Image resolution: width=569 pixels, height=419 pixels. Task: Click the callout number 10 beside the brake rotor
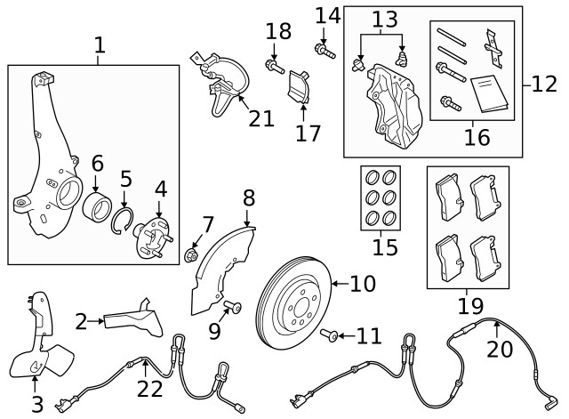coord(363,285)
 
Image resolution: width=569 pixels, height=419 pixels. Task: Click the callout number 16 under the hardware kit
coord(477,136)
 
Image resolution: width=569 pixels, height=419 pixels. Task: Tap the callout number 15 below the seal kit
coord(385,246)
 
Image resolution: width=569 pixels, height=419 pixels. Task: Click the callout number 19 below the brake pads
coord(469,307)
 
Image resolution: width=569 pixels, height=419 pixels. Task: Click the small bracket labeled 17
coord(300,87)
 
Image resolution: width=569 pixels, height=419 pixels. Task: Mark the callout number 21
coord(261,117)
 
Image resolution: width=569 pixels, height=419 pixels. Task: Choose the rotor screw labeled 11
coord(329,335)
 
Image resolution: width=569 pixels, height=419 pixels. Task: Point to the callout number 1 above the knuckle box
coord(99,44)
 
